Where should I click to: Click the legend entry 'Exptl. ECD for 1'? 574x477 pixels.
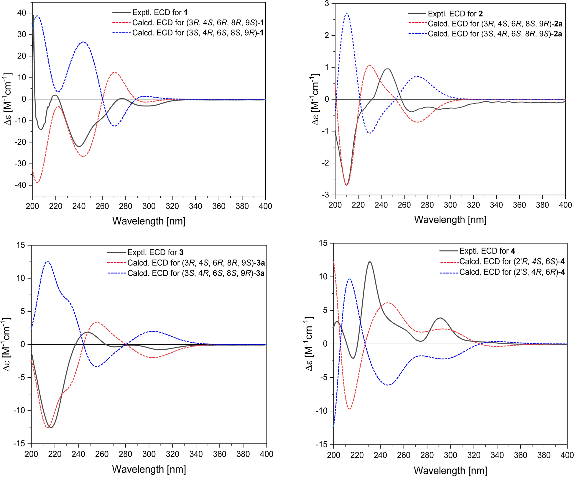point(150,13)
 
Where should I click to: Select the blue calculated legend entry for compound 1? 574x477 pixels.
point(188,33)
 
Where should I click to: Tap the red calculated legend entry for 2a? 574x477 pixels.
point(485,24)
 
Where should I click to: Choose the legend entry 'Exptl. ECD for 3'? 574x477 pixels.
point(145,252)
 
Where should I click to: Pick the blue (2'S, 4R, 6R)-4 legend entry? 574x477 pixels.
point(502,272)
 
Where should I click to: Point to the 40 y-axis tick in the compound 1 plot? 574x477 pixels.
point(22,13)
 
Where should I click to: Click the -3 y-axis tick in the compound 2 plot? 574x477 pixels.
point(326,195)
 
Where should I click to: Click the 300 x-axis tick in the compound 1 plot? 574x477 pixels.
point(149,206)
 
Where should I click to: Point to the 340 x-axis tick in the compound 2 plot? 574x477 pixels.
point(496,205)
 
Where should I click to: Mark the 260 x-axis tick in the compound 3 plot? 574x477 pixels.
point(102,454)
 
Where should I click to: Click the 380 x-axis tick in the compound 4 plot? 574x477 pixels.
point(544,455)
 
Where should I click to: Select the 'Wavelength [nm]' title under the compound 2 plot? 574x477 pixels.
point(450,220)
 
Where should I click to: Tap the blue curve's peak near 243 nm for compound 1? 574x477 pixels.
point(83,42)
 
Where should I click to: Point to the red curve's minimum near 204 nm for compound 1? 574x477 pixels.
point(37,183)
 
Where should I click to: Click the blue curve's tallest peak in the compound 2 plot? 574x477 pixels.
point(347,13)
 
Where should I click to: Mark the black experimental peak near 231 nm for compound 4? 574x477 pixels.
point(370,262)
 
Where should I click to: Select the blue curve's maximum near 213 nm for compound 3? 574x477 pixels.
point(47,261)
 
